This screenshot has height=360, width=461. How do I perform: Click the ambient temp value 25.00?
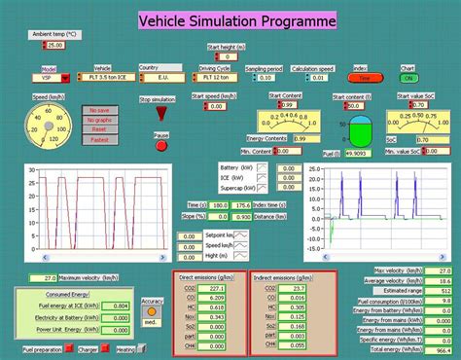pyautogui.click(x=53, y=45)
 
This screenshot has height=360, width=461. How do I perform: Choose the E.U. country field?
pyautogui.click(x=161, y=76)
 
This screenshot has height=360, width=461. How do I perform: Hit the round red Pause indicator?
pyautogui.click(x=161, y=145)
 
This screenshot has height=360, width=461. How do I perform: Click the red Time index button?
pyautogui.click(x=360, y=77)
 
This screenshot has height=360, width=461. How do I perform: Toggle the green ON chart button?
pyautogui.click(x=409, y=77)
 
